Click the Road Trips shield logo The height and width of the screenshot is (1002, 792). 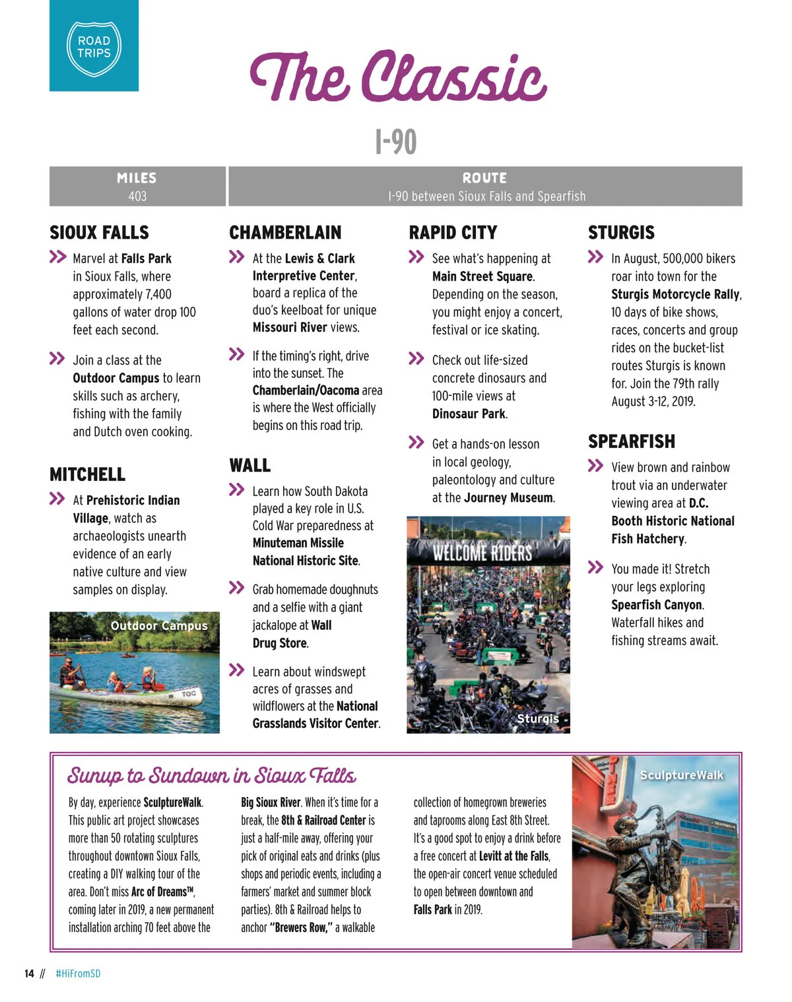[x=94, y=47]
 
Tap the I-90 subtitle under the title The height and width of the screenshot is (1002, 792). [x=396, y=141]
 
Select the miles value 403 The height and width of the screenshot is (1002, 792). [x=137, y=196]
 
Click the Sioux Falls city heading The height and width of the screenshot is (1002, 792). [x=99, y=232]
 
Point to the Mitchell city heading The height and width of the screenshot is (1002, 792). [x=87, y=474]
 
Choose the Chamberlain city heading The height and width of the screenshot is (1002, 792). [x=285, y=232]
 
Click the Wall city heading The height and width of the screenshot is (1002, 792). [x=249, y=465]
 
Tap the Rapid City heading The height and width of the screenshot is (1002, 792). [x=453, y=232]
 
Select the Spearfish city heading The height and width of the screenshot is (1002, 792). [x=632, y=441]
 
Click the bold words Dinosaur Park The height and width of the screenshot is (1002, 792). [x=469, y=414]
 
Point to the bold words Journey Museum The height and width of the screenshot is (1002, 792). [x=508, y=497]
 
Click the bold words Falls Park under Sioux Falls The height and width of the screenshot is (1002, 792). [x=146, y=259]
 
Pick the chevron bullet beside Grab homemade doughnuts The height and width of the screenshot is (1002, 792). [x=236, y=587]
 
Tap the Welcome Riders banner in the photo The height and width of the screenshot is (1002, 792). [x=482, y=552]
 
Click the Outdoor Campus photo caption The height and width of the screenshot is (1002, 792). [x=159, y=625]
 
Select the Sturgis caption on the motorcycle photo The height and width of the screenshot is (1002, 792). [x=537, y=718]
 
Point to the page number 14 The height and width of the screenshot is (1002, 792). [x=29, y=974]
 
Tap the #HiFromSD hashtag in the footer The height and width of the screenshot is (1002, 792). [x=78, y=974]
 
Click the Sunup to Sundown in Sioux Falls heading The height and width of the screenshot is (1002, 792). [x=211, y=775]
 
